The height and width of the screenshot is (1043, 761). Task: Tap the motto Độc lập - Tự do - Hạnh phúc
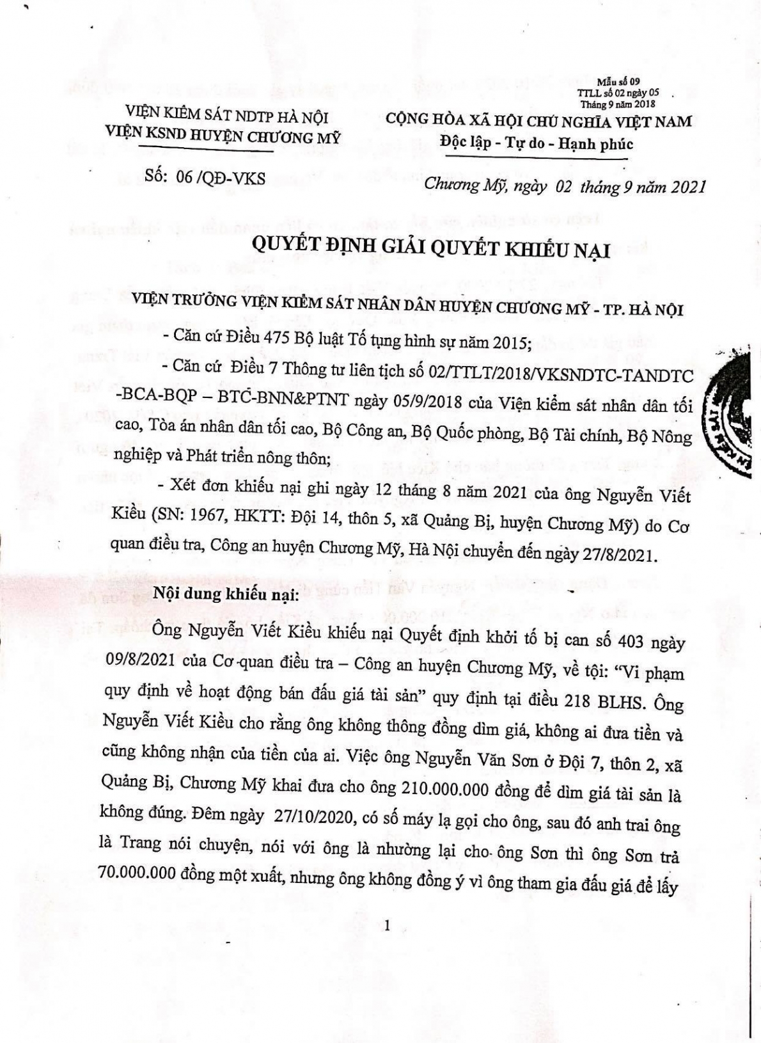click(537, 143)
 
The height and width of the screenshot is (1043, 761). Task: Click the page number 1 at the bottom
click(388, 925)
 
